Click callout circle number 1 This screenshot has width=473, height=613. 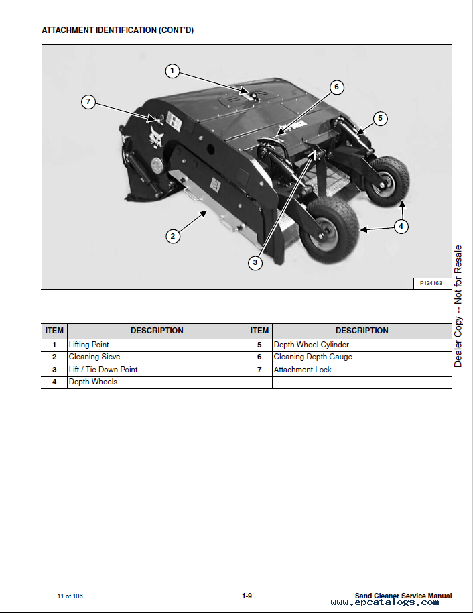click(172, 70)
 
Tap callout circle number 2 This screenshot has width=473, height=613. click(172, 235)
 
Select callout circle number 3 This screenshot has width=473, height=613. click(255, 262)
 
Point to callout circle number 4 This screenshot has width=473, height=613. click(401, 226)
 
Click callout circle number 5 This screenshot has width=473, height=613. click(380, 119)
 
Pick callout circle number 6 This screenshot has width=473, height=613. click(337, 87)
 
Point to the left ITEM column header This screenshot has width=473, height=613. click(54, 331)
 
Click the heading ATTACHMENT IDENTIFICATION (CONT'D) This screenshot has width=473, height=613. click(118, 30)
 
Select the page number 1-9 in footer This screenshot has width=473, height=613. click(247, 596)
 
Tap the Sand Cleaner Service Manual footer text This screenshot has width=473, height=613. click(403, 596)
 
